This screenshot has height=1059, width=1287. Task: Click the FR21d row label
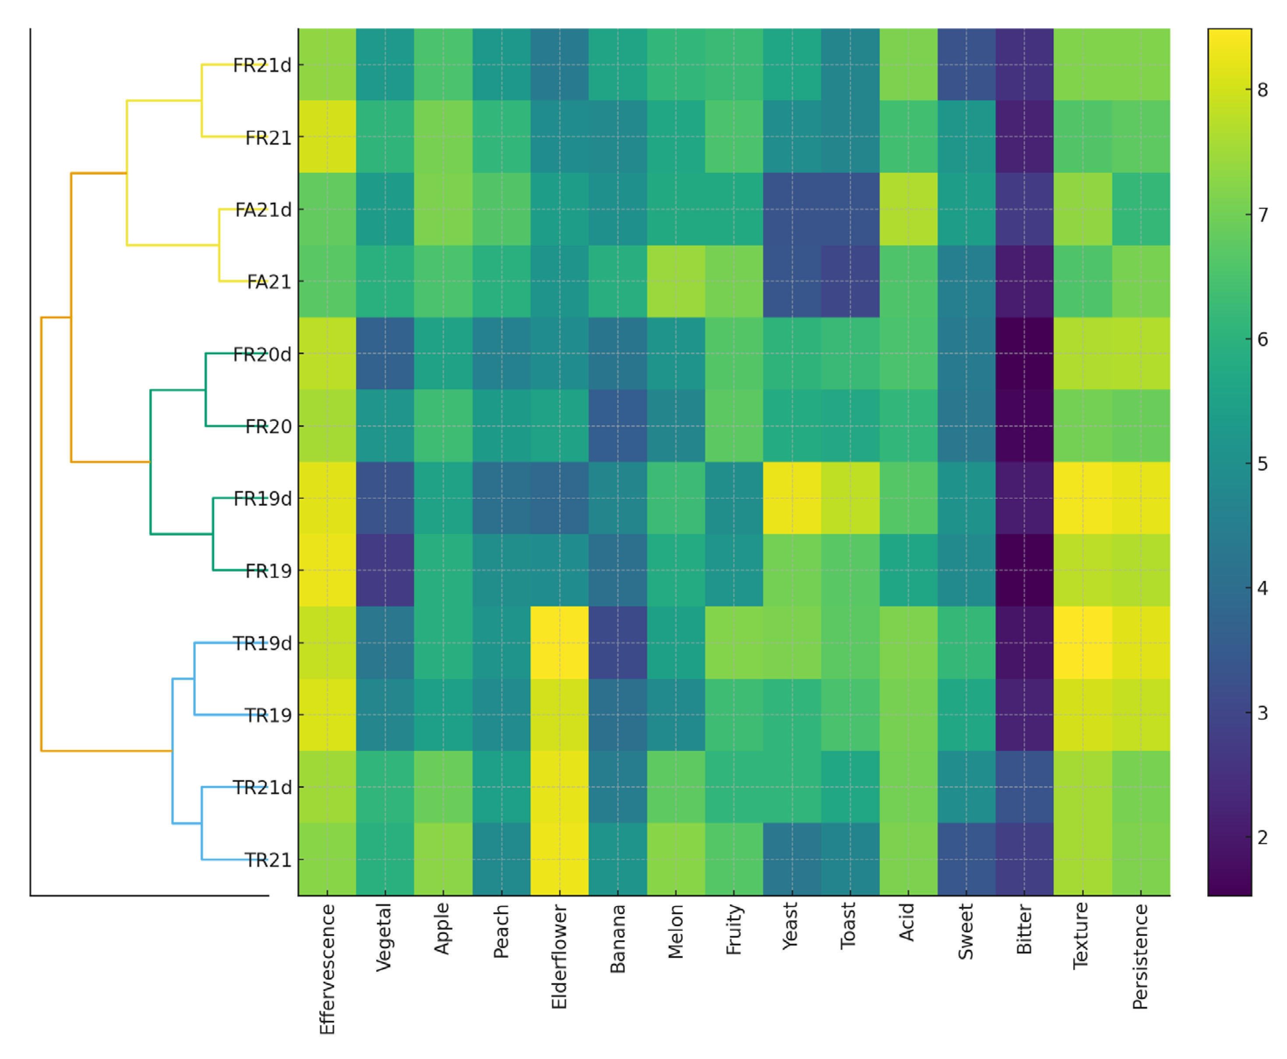point(262,65)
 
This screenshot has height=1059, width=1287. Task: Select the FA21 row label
point(268,282)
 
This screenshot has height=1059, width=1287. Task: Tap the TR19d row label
point(262,643)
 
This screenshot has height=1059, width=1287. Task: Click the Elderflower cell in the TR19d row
point(559,643)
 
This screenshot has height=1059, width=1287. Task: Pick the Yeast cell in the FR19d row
point(792,498)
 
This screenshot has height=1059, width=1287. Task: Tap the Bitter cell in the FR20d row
point(1024,354)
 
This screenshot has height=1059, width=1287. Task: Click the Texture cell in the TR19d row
point(1082,643)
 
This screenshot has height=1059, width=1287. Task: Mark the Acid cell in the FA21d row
point(908,209)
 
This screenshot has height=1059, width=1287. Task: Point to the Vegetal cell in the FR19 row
point(385,570)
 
